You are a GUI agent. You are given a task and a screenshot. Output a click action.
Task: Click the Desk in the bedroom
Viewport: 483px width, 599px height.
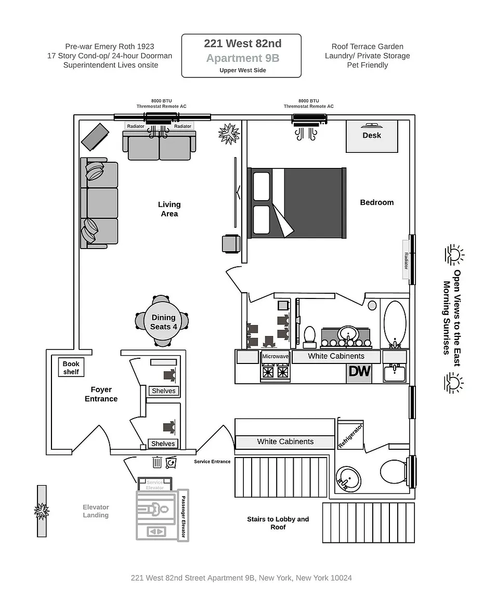(x=372, y=136)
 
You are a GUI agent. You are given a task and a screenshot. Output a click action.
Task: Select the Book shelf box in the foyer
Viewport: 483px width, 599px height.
(x=71, y=368)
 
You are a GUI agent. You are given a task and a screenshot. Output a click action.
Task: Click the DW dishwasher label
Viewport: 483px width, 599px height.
(x=360, y=371)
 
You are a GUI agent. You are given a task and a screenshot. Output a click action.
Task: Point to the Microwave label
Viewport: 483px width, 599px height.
(x=276, y=356)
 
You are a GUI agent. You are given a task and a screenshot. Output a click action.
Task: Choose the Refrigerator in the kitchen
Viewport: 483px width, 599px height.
(x=350, y=434)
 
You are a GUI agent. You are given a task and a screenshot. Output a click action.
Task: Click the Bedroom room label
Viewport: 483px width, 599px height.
(x=377, y=202)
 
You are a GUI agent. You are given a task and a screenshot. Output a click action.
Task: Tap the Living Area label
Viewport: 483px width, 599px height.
(x=169, y=209)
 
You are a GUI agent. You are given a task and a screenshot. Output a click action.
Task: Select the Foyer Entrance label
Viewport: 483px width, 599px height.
(x=101, y=394)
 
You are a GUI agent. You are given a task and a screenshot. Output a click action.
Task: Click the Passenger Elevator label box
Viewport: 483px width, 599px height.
(x=184, y=515)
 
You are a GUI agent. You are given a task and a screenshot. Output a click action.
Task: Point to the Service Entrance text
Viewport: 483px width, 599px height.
(x=212, y=462)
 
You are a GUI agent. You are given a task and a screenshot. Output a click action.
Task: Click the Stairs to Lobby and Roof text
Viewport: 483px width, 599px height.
(x=278, y=523)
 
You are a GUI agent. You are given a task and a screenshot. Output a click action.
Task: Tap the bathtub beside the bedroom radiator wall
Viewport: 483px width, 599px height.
(x=395, y=324)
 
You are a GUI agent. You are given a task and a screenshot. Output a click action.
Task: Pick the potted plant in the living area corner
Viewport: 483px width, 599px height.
(x=229, y=134)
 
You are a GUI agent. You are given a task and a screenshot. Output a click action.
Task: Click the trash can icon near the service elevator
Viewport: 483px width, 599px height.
(x=157, y=462)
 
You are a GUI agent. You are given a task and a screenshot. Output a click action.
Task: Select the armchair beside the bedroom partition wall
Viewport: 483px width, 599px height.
(x=231, y=244)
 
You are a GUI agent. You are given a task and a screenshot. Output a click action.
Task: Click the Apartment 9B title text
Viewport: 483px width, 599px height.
(x=243, y=58)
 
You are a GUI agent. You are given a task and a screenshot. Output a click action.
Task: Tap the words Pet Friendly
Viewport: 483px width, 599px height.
(x=368, y=65)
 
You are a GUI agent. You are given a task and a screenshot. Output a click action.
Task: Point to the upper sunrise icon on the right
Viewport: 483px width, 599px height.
(x=454, y=255)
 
